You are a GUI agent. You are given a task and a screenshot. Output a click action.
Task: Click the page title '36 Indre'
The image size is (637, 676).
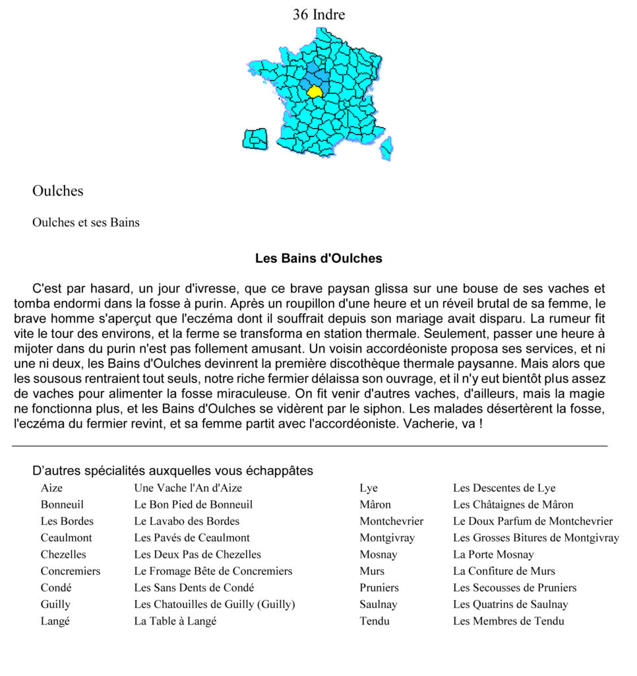[x=318, y=14]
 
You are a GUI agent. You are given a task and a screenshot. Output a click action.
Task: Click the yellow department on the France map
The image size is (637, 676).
[x=315, y=91]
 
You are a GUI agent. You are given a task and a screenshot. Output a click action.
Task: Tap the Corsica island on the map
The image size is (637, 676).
[x=386, y=149]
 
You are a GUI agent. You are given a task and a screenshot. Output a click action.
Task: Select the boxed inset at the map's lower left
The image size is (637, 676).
[x=255, y=139]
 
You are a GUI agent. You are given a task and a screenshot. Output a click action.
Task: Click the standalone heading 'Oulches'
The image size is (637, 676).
[x=58, y=191]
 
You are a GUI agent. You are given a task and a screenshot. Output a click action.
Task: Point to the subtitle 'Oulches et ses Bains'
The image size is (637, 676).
[x=86, y=222]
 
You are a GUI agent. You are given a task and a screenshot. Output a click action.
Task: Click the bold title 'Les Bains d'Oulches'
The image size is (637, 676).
[x=318, y=258]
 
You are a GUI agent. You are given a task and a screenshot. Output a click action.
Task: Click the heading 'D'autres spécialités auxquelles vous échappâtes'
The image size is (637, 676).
[x=173, y=471]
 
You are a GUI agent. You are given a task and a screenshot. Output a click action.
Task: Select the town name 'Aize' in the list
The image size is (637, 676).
[x=52, y=488]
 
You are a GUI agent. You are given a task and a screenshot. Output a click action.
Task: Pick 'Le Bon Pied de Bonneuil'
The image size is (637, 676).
[x=193, y=504]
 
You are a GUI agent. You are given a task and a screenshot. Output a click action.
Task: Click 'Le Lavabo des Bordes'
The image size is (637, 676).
[x=187, y=521]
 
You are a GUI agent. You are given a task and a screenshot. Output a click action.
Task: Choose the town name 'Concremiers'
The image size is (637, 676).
[x=71, y=571]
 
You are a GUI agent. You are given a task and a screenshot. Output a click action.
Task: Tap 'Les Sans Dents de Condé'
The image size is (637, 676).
[x=194, y=588]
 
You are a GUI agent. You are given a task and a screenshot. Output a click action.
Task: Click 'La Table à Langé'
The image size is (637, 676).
[x=175, y=621]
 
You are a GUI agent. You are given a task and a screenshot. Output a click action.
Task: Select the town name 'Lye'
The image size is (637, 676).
[x=369, y=488]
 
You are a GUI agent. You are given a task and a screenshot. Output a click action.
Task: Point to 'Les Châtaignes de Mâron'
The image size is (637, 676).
[x=513, y=504]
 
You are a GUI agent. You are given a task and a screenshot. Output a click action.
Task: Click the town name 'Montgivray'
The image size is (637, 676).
[x=387, y=538]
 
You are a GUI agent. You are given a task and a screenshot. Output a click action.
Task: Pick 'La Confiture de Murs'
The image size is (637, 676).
[x=504, y=571]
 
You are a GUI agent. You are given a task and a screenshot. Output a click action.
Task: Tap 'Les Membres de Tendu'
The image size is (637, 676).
[x=508, y=621]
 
